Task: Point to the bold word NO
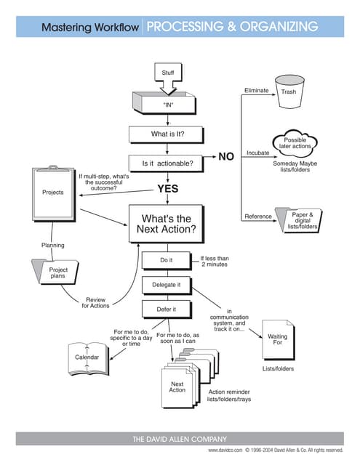point(226,156)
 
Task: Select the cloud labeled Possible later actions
point(295,143)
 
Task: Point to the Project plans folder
point(57,274)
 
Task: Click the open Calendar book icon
point(87,357)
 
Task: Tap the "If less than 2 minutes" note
point(215,261)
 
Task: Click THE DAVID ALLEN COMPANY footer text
point(180,439)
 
